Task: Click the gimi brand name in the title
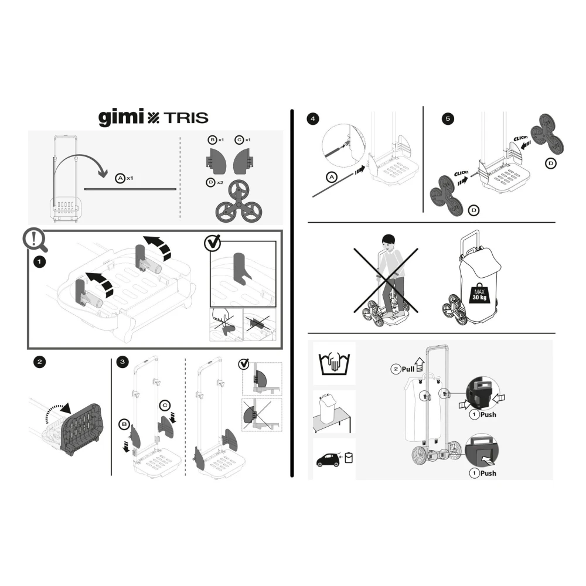121,117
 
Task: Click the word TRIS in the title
186,118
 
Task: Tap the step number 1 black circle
40,261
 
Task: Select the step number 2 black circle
40,362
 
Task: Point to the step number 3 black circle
122,362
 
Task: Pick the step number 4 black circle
313,119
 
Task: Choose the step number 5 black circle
448,119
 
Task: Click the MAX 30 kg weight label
479,294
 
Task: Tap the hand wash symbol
334,364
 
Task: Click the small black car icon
328,460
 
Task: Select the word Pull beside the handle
408,369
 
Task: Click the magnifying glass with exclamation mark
35,239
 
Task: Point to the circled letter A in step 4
332,177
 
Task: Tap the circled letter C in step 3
165,406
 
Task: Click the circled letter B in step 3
124,424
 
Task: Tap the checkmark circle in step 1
213,243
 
